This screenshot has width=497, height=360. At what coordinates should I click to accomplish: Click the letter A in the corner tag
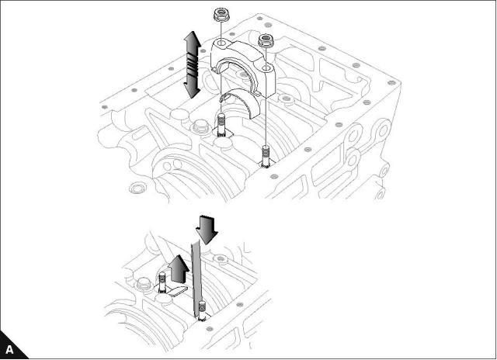pyautogui.click(x=9, y=350)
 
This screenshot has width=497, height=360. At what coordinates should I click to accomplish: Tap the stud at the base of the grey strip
pyautogui.click(x=200, y=311)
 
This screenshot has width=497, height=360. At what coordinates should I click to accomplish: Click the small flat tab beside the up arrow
pyautogui.click(x=178, y=292)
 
